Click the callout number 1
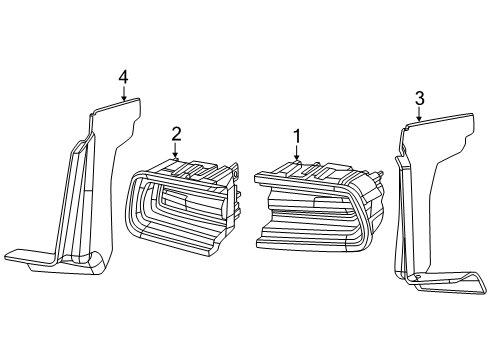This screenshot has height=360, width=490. coord(297,134)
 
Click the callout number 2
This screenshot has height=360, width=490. coord(176,133)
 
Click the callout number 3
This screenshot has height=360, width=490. coord(419,97)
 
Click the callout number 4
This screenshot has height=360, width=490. coord(123,76)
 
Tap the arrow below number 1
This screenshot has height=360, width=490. coord(297,153)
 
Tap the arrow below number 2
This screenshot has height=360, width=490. coord(176,152)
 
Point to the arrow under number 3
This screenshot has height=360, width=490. coord(419,115)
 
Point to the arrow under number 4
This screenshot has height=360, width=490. coord(123,95)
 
